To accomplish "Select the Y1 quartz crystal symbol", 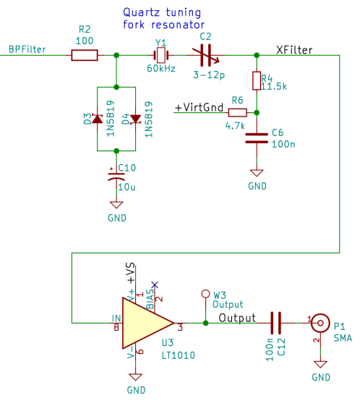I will coord(160,55).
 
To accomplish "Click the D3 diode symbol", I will coord(97,119).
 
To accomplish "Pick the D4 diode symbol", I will coord(134,119).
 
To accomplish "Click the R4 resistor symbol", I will coord(256,81).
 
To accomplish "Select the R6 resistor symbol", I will coord(237,112).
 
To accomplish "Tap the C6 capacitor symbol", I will coord(256,138).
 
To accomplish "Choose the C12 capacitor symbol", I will coord(275,322).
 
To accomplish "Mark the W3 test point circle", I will coord(205,295).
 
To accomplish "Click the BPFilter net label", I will coord(27,49).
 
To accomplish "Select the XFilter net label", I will coord(294,49).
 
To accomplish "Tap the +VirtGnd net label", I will coord(199,107).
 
